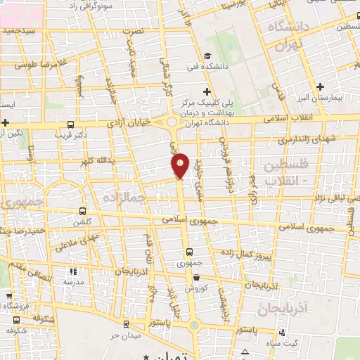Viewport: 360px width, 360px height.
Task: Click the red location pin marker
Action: point(180,165)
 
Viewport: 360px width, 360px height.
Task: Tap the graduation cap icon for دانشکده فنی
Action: point(206,56)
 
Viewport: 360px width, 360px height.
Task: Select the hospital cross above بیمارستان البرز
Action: point(320,86)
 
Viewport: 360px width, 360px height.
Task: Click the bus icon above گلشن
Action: point(83,210)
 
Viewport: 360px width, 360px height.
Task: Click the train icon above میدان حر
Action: point(125,324)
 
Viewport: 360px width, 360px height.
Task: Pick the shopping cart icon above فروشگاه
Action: point(8,296)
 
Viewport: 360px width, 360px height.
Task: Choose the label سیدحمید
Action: point(19,31)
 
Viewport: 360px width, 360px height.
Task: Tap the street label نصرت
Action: point(152,32)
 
